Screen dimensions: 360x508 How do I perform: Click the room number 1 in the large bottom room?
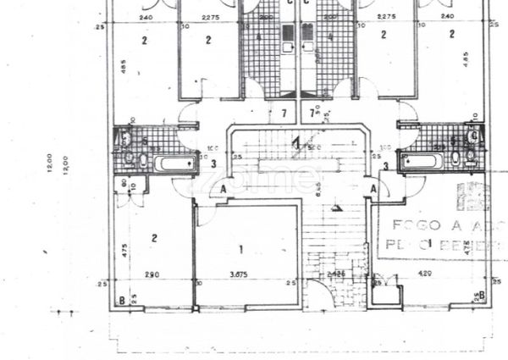(241, 249)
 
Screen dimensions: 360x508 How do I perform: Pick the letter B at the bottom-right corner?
(481, 294)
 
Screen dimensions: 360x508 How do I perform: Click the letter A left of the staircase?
(223, 190)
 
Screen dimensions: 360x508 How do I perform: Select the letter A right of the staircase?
(373, 190)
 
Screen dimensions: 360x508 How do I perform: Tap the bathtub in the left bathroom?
(173, 161)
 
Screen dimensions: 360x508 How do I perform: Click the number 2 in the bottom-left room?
(154, 238)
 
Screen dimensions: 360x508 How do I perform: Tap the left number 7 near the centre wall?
(283, 113)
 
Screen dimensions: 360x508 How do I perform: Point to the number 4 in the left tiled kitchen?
(258, 36)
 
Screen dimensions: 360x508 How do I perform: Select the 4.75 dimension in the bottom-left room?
(124, 251)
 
